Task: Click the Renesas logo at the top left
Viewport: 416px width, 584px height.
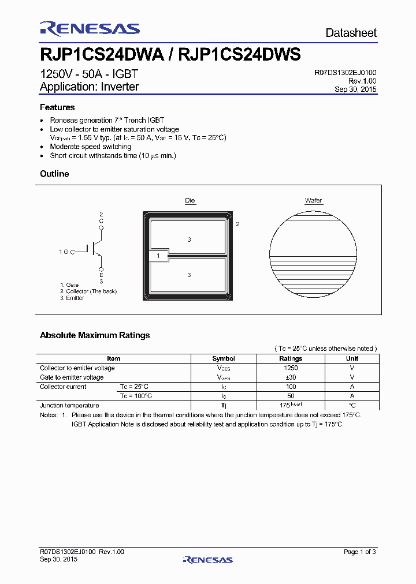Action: coord(90,29)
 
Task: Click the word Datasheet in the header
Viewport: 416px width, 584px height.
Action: coord(351,33)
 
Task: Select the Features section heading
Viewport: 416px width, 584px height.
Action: coord(57,107)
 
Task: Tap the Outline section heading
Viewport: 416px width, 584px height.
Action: coord(54,174)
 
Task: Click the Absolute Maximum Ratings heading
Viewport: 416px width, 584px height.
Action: coord(95,335)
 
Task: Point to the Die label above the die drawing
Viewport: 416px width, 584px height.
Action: coord(190,201)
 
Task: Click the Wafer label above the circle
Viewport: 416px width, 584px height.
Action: coord(314,201)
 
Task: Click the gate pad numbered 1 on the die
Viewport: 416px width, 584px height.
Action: coord(158,255)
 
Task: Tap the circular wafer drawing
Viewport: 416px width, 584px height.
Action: coord(314,253)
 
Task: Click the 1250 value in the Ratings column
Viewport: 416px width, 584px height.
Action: coord(291,368)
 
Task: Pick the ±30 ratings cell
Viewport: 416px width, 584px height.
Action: coord(291,377)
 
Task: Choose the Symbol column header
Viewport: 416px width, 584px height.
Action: coord(224,358)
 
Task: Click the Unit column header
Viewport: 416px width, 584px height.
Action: coord(352,358)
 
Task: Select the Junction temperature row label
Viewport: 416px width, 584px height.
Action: coord(69,406)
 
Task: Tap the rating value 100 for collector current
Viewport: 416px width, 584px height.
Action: coord(291,387)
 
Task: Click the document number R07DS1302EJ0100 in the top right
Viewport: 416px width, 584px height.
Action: coord(345,73)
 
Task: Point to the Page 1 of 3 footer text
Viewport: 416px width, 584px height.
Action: coord(359,552)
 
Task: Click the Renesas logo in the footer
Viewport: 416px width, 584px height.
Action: coord(207,560)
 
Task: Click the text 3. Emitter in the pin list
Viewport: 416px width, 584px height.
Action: coord(72,298)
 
